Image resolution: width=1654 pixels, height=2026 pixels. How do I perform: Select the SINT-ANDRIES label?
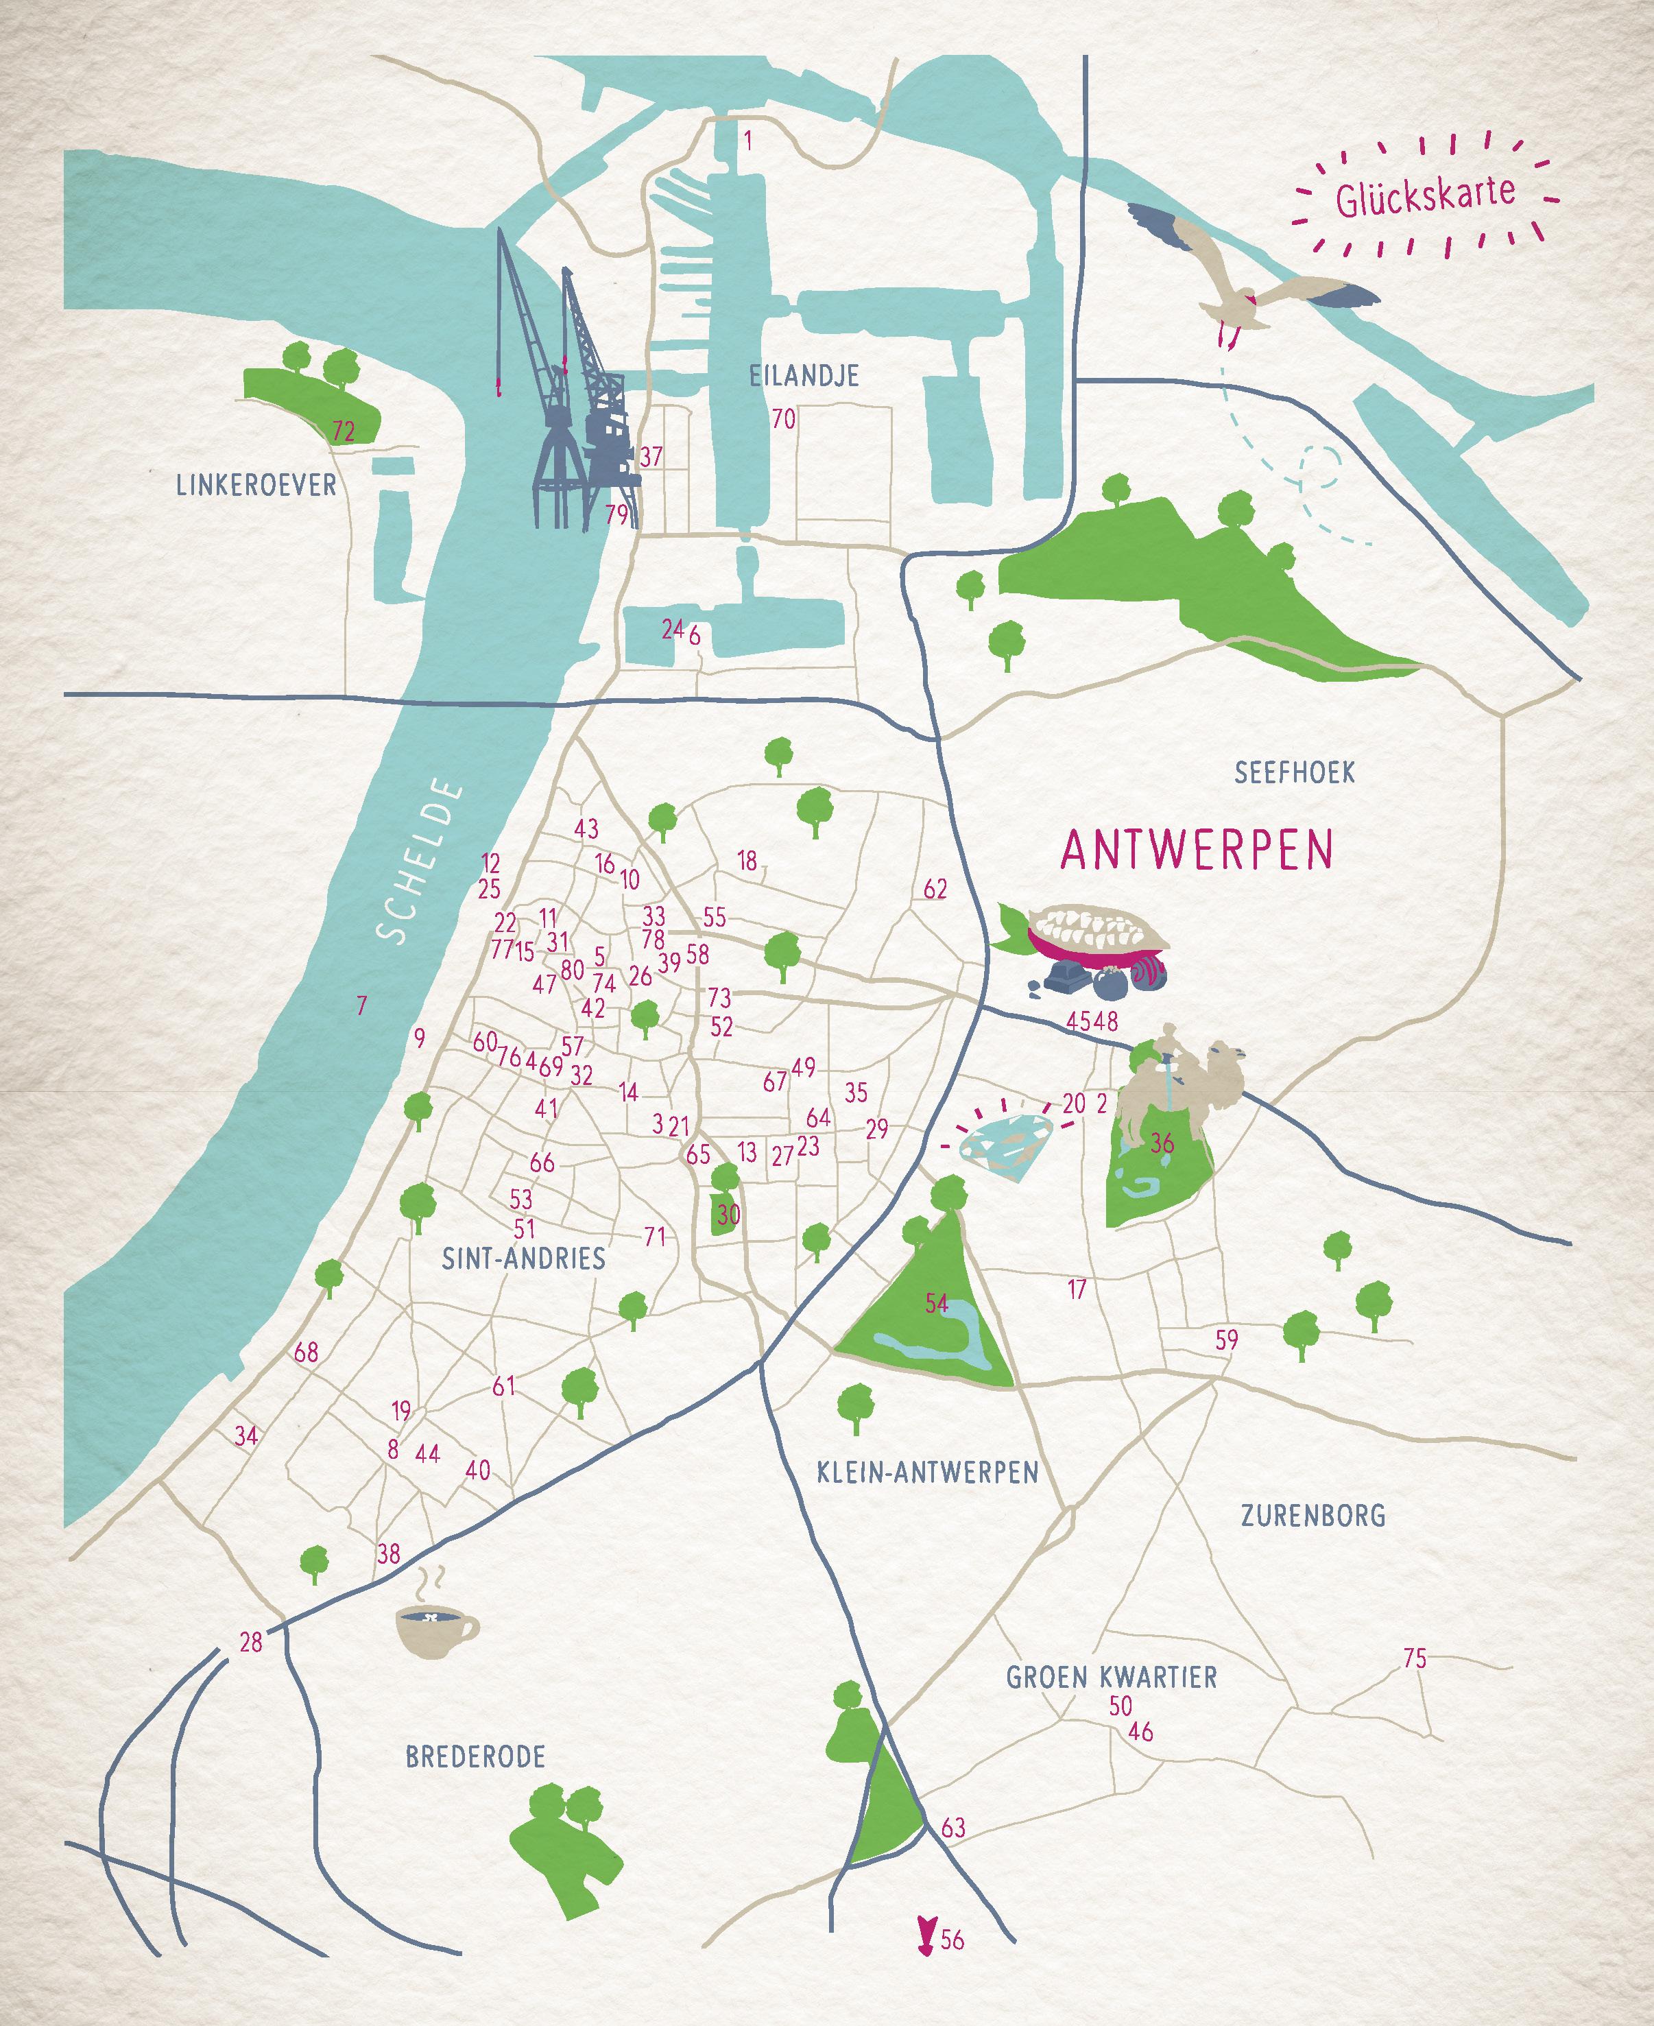(523, 1259)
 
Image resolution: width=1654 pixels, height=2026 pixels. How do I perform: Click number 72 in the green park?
(343, 431)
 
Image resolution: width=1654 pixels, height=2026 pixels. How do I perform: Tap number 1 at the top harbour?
(748, 142)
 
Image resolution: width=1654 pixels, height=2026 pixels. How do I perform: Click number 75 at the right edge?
(1414, 1659)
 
